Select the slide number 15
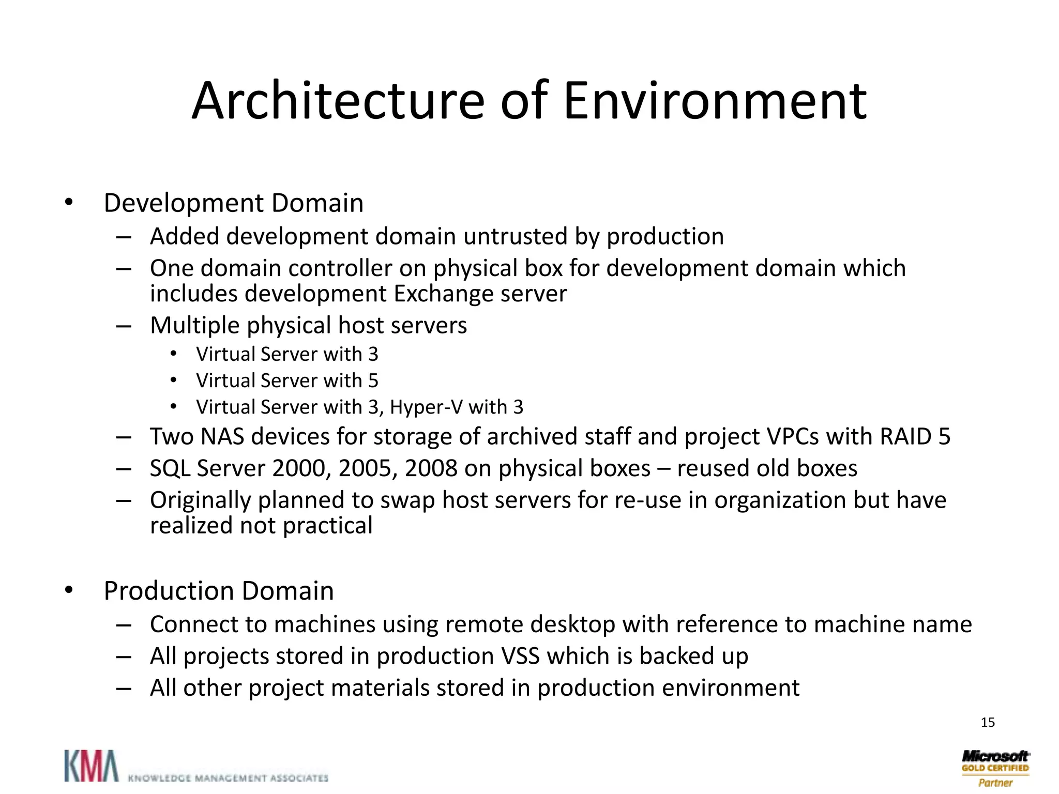[x=988, y=722]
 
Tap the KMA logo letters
[x=91, y=766]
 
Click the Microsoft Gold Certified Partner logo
[x=995, y=768]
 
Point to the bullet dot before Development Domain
[x=69, y=203]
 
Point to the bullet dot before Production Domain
[x=69, y=591]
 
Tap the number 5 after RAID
[x=944, y=437]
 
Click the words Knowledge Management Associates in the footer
[x=228, y=777]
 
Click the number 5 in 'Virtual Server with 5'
[x=373, y=381]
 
